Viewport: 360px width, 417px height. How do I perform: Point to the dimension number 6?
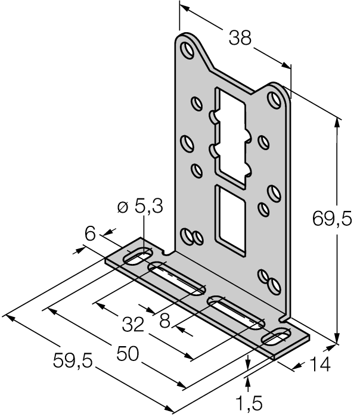90,234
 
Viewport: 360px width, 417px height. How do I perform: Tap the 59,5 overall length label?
73,360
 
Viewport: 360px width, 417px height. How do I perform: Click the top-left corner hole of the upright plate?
188,49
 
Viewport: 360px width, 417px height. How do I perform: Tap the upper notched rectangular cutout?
228,135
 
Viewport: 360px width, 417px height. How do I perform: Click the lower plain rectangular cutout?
228,216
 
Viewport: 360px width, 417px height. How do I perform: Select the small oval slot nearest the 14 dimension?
277,338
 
